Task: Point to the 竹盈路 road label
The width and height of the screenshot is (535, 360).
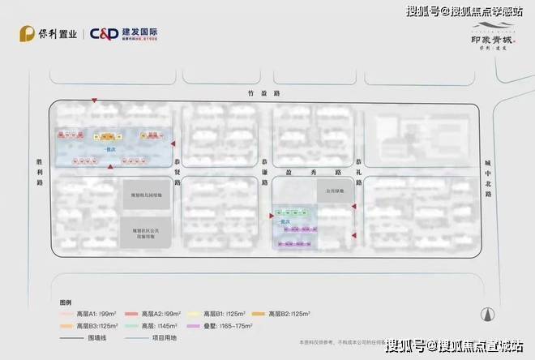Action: point(263,92)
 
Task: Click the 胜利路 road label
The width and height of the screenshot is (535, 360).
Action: point(38,171)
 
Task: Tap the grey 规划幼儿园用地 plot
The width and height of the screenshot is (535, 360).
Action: point(147,195)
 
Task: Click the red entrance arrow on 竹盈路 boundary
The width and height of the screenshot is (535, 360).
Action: point(94,101)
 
